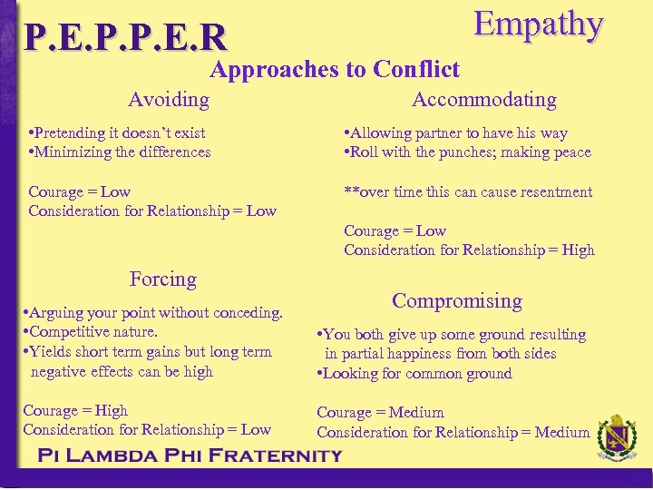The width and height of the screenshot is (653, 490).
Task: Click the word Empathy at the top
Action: point(539,25)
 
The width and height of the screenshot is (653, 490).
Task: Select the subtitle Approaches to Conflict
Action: point(335,69)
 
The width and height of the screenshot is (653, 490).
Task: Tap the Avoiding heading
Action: point(169,99)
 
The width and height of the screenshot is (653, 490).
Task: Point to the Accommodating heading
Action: point(484,99)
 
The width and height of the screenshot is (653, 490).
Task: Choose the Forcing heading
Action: point(163,279)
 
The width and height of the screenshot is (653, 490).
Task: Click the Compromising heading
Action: point(457,300)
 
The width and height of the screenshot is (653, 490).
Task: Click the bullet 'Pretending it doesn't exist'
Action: point(118,132)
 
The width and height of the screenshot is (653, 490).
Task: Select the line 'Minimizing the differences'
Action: point(121,152)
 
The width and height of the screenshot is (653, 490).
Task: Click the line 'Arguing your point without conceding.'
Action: point(154,313)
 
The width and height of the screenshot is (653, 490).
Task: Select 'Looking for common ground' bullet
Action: point(415,373)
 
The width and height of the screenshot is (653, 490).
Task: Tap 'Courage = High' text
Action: point(75,410)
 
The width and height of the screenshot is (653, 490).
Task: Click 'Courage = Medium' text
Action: point(380,413)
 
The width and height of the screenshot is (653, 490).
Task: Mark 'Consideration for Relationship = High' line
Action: point(469,250)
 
